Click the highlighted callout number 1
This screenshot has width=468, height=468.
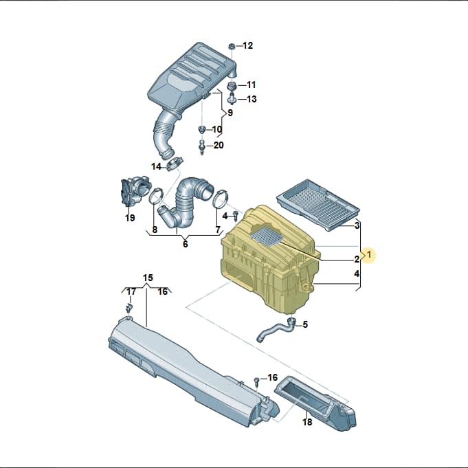(370, 255)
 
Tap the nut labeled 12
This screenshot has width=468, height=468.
(232, 47)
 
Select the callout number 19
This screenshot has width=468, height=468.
(130, 218)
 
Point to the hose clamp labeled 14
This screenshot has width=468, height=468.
(175, 164)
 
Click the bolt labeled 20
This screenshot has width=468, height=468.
(202, 146)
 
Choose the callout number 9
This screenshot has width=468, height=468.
(230, 113)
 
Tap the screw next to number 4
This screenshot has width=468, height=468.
(236, 216)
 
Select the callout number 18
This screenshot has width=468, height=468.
(307, 422)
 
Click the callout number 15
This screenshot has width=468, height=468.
(148, 278)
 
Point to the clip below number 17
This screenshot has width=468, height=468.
(129, 308)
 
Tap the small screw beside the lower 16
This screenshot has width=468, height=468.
(256, 381)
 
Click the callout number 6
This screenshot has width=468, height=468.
(186, 244)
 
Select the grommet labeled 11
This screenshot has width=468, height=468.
(232, 86)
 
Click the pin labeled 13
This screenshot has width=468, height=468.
(232, 99)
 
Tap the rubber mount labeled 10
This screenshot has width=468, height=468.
(202, 130)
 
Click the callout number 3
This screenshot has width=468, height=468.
(357, 225)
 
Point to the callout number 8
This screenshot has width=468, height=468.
(155, 230)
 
